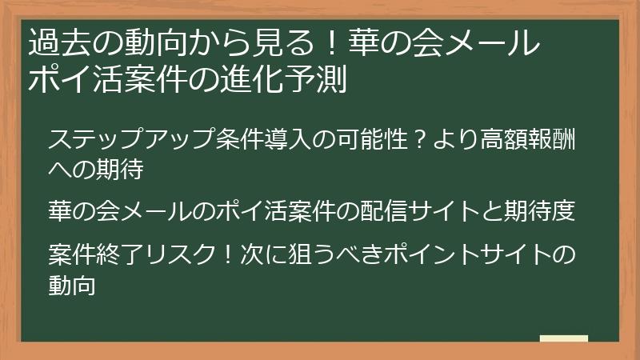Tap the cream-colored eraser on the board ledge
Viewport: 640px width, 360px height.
coord(564,338)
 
